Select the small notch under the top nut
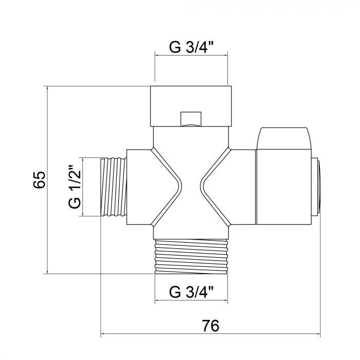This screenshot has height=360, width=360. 191,119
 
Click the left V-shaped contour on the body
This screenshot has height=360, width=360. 167,187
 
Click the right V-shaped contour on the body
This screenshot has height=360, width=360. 215,187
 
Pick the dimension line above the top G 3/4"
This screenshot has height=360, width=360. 191,58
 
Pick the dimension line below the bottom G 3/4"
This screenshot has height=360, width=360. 191,303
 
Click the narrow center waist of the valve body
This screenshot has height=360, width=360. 191,187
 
